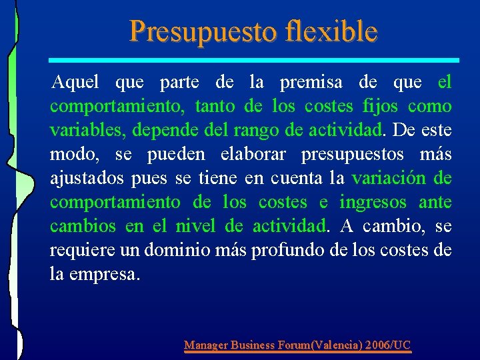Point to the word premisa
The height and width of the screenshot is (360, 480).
(x=311, y=83)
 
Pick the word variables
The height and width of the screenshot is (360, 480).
(x=86, y=131)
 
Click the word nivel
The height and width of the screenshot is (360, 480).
(x=196, y=227)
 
